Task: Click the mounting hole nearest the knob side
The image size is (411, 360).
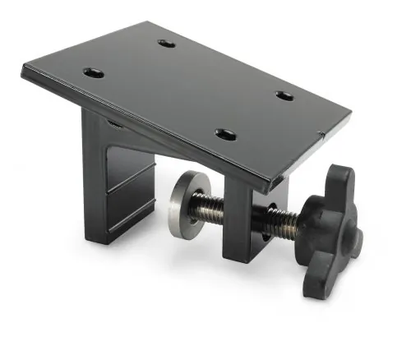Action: [284, 95]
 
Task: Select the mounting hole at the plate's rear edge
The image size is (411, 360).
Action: [167, 42]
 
